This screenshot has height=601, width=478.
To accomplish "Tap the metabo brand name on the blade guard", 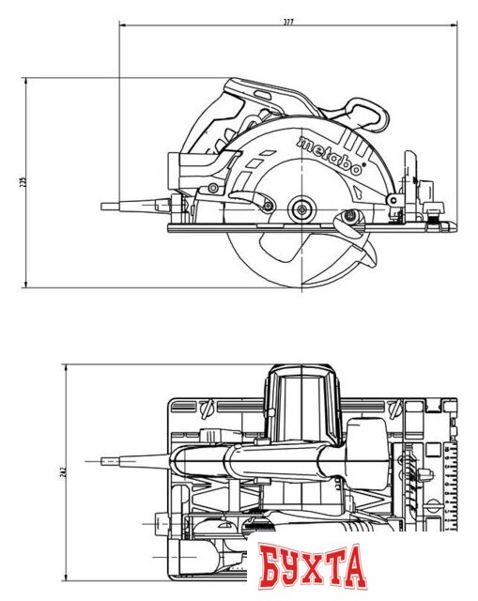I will [x=330, y=156].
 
